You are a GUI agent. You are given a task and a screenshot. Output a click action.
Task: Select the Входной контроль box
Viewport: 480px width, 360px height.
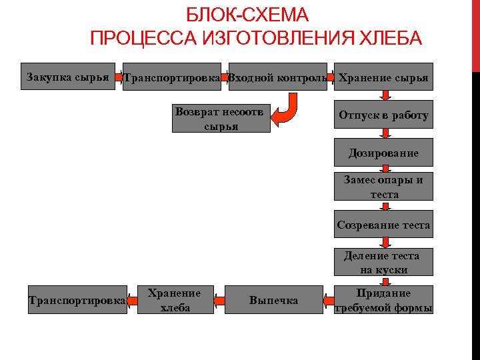coord(277,77)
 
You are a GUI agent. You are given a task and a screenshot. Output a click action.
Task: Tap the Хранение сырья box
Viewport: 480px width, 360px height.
coord(383,77)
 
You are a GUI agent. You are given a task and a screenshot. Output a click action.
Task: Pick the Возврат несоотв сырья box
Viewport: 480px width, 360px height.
coord(221,118)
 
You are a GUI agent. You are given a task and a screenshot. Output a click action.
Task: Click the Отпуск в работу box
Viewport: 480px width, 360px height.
coord(383,115)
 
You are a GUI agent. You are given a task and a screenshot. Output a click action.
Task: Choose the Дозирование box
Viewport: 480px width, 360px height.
coord(383,153)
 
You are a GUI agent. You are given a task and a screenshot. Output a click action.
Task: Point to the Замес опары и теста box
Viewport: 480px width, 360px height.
coord(383,187)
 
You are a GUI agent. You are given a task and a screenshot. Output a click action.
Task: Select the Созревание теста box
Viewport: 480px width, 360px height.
coord(383,225)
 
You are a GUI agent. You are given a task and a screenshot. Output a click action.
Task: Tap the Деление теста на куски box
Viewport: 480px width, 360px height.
coord(383,262)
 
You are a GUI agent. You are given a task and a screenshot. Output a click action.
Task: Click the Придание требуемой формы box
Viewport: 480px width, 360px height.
coord(383,300)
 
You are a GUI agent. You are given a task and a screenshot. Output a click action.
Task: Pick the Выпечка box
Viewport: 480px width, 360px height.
coord(273,300)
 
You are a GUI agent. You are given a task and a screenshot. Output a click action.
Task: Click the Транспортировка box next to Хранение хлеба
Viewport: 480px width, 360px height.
coord(77,300)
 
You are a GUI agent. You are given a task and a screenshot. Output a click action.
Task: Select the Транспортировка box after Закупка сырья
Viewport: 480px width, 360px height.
coord(172,77)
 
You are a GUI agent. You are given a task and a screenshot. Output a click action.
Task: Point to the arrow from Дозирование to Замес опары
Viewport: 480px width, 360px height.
coord(383,169)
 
